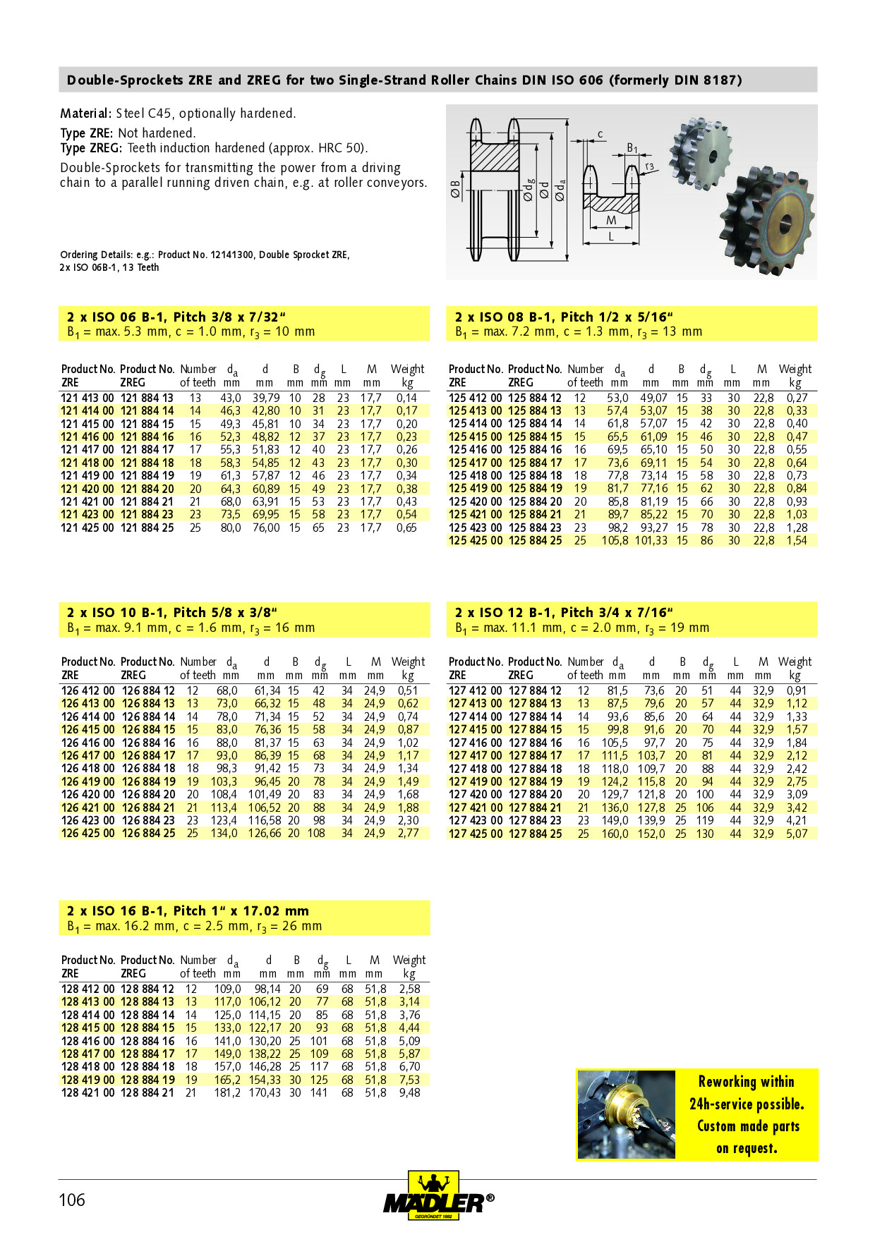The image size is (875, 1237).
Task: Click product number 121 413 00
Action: pyautogui.click(x=87, y=398)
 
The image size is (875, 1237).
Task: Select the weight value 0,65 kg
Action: pyautogui.click(x=406, y=528)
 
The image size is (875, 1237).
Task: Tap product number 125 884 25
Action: pyautogui.click(x=535, y=541)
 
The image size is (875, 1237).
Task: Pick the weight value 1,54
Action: pyautogui.click(x=797, y=541)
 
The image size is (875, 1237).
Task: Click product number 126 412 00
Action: pyautogui.click(x=87, y=691)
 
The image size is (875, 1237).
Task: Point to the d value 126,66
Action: pyautogui.click(x=265, y=834)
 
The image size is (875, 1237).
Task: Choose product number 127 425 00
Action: pyautogui.click(x=475, y=834)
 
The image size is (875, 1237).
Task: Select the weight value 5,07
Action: pyautogui.click(x=797, y=834)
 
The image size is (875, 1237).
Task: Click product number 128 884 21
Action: pyautogui.click(x=147, y=1093)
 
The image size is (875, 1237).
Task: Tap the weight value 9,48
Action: pyautogui.click(x=409, y=1093)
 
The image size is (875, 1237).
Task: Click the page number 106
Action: pyautogui.click(x=72, y=1200)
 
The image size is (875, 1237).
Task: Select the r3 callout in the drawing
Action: pyautogui.click(x=649, y=167)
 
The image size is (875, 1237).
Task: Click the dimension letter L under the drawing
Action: pyautogui.click(x=611, y=237)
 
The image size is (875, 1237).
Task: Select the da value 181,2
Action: pyautogui.click(x=227, y=1093)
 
